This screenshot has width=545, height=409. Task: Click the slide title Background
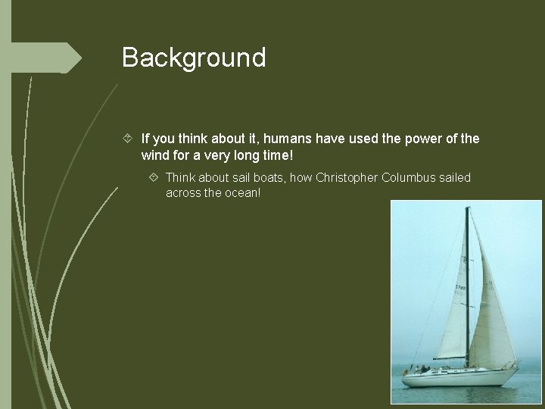tap(194, 58)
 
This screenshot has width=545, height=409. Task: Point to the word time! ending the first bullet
tap(275, 155)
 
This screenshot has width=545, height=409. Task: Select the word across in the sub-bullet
tap(184, 192)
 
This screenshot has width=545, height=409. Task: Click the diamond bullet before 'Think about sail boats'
tap(154, 177)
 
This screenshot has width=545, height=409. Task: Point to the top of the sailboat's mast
tap(467, 208)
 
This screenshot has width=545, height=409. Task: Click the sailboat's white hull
tap(454, 376)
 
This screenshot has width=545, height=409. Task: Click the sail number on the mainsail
tap(459, 287)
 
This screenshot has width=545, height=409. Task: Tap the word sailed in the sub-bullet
tap(453, 177)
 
